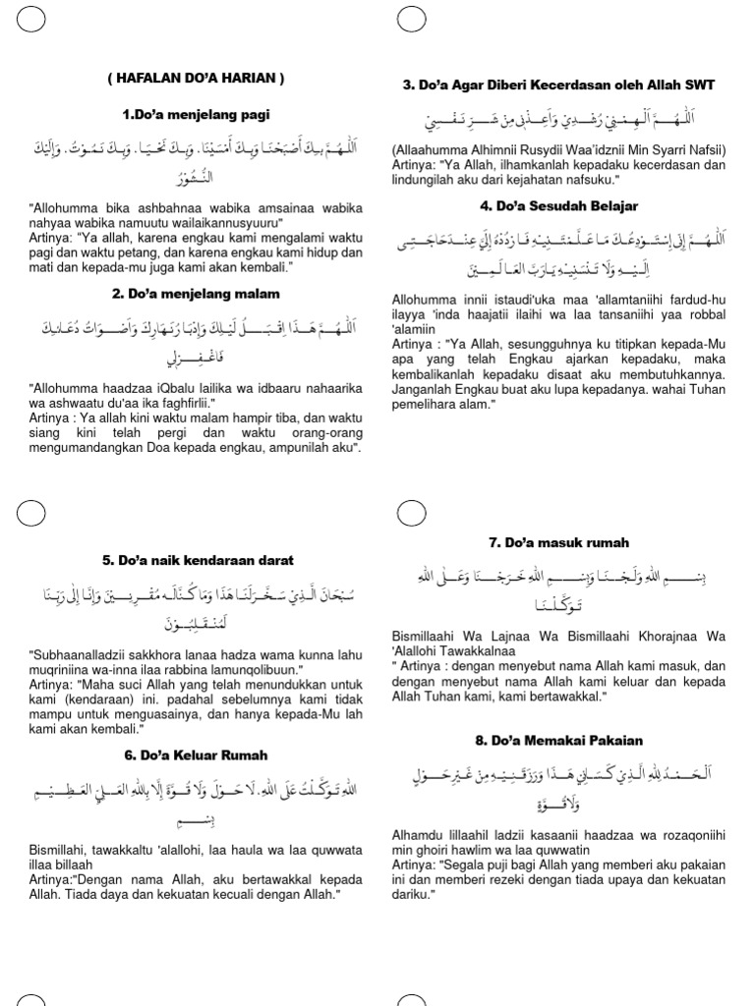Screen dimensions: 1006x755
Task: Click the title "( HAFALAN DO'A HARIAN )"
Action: (x=196, y=79)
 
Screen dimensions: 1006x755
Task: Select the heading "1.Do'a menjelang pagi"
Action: (x=196, y=115)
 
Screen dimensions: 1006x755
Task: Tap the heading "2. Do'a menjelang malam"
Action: (x=196, y=293)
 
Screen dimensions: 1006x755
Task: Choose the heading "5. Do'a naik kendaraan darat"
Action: (x=197, y=560)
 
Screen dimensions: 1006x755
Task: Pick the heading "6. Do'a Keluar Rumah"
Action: (x=196, y=755)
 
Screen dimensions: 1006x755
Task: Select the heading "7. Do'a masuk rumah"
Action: (x=558, y=542)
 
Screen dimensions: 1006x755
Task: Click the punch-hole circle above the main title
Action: (x=31, y=18)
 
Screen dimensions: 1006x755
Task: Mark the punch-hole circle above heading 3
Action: (x=411, y=18)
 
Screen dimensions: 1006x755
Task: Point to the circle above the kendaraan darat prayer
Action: (x=31, y=513)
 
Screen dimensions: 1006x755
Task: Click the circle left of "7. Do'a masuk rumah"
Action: (x=411, y=513)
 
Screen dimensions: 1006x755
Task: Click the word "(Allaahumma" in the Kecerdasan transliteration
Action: (x=432, y=149)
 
